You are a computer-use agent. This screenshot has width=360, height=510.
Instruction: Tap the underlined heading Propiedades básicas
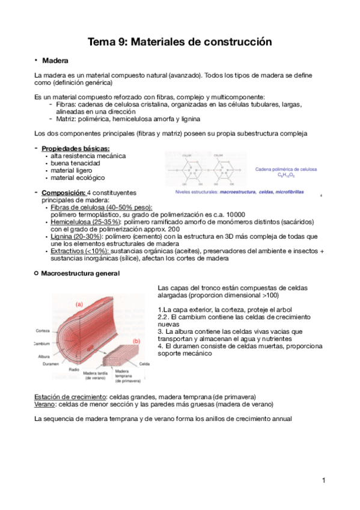click(x=76, y=149)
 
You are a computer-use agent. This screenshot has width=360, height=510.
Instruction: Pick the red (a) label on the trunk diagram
click(x=79, y=304)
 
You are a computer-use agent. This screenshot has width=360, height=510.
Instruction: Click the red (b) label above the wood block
click(x=136, y=341)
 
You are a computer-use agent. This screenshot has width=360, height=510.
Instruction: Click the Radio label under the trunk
click(x=74, y=370)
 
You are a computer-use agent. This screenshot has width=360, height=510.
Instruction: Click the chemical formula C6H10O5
click(x=286, y=176)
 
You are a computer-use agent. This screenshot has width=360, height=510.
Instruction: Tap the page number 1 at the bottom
click(x=323, y=480)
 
